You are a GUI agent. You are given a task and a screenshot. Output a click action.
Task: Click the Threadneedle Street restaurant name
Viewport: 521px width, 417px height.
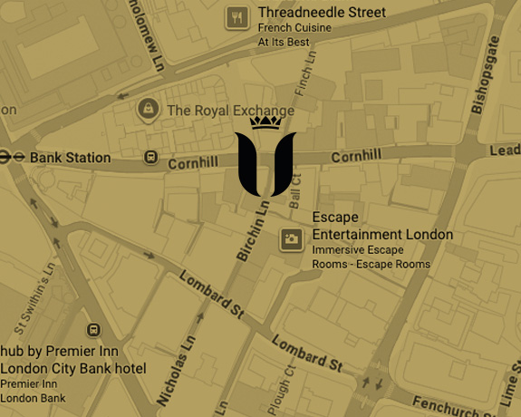pyautogui.click(x=322, y=13)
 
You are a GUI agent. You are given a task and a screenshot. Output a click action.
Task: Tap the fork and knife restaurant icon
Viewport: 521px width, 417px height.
pyautogui.click(x=236, y=16)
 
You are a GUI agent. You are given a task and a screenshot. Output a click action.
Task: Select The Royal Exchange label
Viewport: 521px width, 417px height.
pyautogui.click(x=231, y=112)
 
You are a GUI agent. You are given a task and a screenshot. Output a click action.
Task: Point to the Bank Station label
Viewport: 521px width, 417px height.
pyautogui.click(x=71, y=158)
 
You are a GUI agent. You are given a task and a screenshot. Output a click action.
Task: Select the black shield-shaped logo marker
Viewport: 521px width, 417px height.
pyautogui.click(x=265, y=164)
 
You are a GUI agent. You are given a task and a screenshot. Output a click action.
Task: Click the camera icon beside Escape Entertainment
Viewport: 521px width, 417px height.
pyautogui.click(x=291, y=239)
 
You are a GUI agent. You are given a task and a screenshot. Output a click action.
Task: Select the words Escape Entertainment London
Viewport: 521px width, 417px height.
pyautogui.click(x=381, y=227)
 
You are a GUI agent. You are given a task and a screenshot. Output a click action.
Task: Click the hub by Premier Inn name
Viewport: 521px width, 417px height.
pyautogui.click(x=72, y=352)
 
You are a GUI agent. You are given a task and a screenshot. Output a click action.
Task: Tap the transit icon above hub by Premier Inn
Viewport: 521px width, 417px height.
pyautogui.click(x=92, y=331)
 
